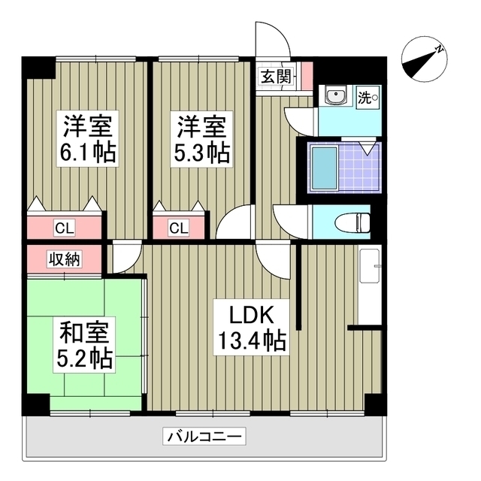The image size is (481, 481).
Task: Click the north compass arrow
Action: click(x=424, y=60)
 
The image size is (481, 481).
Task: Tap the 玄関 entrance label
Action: click(x=274, y=76)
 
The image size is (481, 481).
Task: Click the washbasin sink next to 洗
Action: click(x=334, y=96)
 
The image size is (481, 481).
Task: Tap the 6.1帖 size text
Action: click(x=88, y=153)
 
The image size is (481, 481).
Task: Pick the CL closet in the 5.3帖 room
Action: click(x=179, y=226)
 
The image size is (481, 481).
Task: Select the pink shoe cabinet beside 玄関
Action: click(x=307, y=75)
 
